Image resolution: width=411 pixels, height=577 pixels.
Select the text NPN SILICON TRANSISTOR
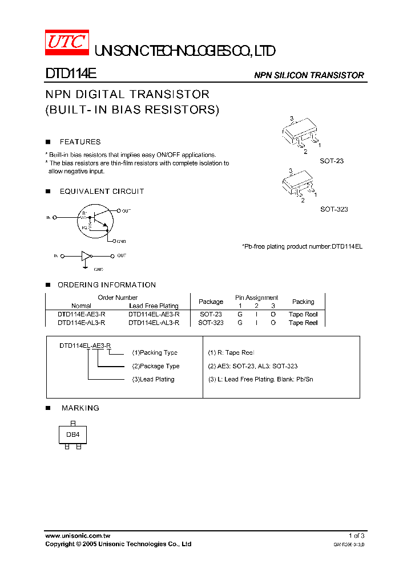(x=308, y=75)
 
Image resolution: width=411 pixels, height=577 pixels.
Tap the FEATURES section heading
(x=80, y=142)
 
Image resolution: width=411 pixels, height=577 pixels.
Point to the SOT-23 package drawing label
(x=331, y=161)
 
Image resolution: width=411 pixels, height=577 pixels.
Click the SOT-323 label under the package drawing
(x=334, y=209)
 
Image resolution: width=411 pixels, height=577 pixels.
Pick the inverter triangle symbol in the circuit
(x=86, y=256)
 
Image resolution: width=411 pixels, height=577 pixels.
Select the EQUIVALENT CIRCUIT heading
(x=102, y=192)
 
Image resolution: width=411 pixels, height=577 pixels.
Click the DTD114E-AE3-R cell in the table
(x=81, y=314)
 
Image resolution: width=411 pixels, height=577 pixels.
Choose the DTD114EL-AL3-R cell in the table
(x=154, y=323)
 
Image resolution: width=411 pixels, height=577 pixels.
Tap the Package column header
(x=211, y=302)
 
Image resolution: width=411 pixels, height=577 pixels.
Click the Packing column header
(x=303, y=302)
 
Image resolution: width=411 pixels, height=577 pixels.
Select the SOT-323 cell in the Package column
(x=211, y=323)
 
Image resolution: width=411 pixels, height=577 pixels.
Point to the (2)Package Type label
(x=155, y=366)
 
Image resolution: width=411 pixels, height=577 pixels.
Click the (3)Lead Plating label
(x=153, y=379)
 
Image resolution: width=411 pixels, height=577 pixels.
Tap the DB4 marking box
(x=72, y=434)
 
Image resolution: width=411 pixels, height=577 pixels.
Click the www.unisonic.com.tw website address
(x=78, y=536)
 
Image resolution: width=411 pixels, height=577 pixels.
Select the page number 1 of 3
(x=356, y=536)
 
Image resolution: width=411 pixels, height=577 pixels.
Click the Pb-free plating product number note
(x=303, y=246)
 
